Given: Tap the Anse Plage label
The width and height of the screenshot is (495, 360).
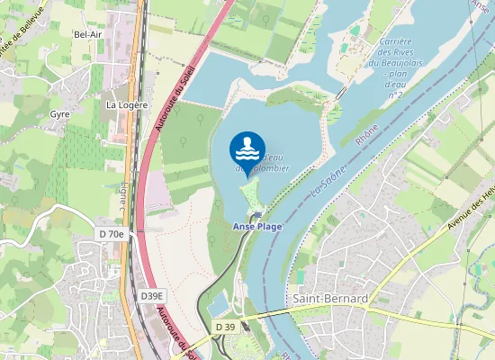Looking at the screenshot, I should click(256, 227).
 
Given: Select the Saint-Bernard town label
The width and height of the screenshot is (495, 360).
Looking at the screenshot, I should click(329, 298).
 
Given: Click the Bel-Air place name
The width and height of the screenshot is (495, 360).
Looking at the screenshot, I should click(86, 34).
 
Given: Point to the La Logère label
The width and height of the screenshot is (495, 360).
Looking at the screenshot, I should click(126, 104).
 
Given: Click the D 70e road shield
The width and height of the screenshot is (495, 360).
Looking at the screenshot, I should click(112, 234).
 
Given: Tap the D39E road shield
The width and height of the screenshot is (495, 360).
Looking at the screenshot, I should click(152, 295).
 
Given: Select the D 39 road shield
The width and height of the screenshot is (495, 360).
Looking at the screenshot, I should click(225, 326).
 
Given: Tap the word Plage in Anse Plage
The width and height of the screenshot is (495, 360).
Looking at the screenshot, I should click(268, 227).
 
